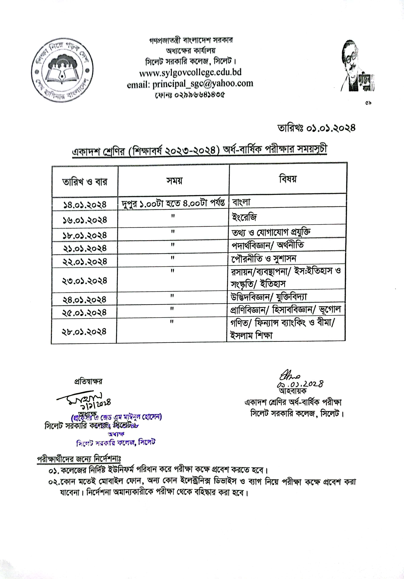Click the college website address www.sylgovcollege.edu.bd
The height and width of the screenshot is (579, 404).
tap(190, 73)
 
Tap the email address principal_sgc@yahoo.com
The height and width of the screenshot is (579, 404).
tap(190, 84)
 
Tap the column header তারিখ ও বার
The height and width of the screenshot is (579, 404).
tap(85, 182)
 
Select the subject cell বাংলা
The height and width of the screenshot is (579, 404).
tap(241, 202)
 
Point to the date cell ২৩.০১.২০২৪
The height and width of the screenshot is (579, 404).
tap(85, 281)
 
